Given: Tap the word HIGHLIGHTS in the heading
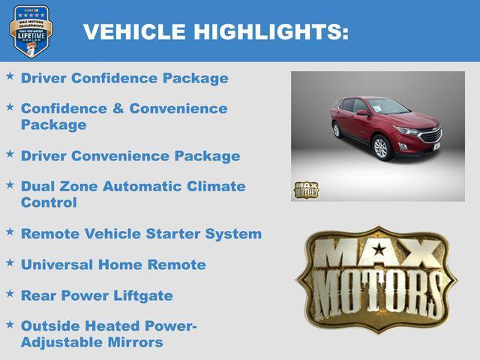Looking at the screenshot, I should (271, 31).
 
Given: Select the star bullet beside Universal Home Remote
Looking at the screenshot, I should (10, 263).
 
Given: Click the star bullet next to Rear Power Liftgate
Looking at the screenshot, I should (10, 294).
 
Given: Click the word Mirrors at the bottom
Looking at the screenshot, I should (136, 343).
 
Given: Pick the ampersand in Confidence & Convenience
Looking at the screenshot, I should (118, 109).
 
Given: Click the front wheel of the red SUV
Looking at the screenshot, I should (381, 148).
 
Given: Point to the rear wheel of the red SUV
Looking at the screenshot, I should (337, 130).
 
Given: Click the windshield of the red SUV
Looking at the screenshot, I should (388, 106).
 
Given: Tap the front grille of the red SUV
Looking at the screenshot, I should (430, 136).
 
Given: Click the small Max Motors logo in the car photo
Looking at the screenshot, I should (305, 189).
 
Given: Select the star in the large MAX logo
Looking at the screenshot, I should (379, 249).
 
